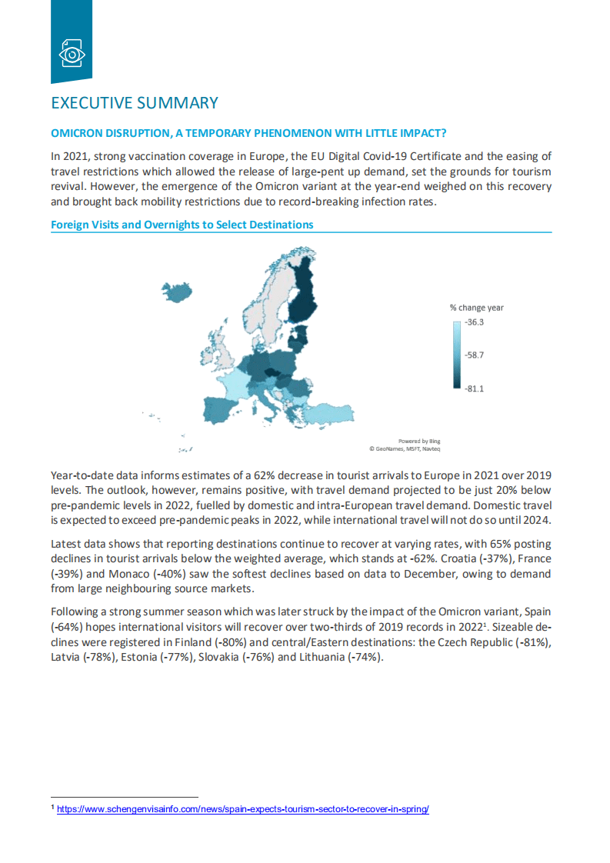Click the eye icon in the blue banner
pos(72,54)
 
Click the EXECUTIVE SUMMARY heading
pos(135,103)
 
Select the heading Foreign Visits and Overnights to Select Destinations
pos(182,225)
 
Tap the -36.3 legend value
pos(475,322)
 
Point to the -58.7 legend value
pos(475,355)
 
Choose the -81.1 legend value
pos(475,388)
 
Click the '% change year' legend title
pos(477,308)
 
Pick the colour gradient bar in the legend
pos(457,355)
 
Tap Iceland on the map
pos(177,292)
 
